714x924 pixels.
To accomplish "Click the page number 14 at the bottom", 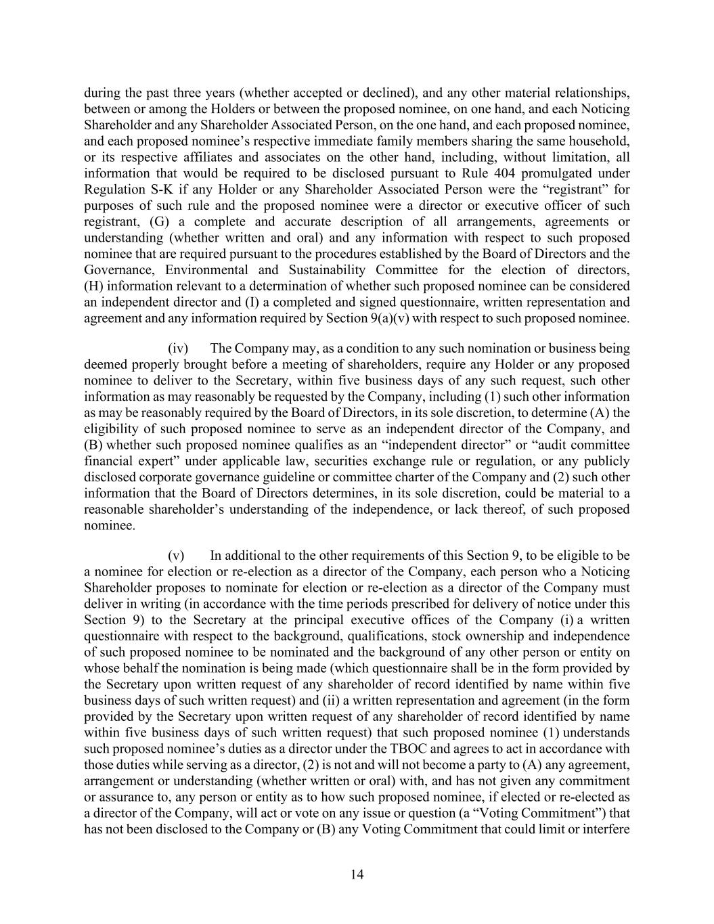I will (357, 875).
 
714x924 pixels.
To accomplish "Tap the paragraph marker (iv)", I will (178, 349).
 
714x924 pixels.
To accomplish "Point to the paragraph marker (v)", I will (177, 556).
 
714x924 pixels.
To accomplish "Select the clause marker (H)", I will (94, 286).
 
